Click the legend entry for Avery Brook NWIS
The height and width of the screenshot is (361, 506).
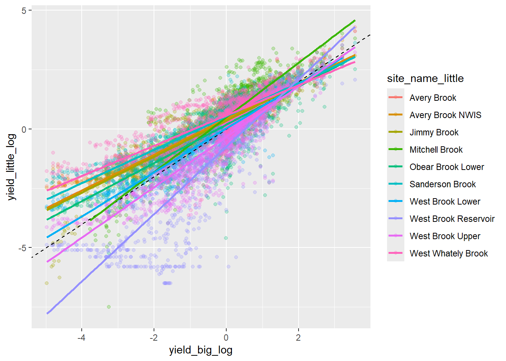pyautogui.click(x=445, y=115)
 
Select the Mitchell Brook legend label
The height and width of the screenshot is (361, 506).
pyautogui.click(x=436, y=150)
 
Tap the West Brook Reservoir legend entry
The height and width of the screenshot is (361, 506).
pyautogui.click(x=452, y=219)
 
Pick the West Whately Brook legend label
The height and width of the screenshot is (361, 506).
pyautogui.click(x=448, y=253)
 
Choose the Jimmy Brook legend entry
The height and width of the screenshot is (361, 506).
pyautogui.click(x=434, y=132)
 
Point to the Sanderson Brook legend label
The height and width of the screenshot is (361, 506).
pyautogui.click(x=442, y=184)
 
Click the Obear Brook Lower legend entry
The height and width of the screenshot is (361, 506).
pyautogui.click(x=447, y=167)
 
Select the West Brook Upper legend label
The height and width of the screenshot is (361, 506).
pyautogui.click(x=445, y=236)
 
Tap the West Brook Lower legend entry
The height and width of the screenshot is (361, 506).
pyautogui.click(x=445, y=202)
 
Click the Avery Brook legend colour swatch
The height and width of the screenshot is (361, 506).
pyautogui.click(x=396, y=98)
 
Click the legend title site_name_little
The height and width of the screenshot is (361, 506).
pyautogui.click(x=425, y=78)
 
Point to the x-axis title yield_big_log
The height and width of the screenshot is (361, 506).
pyautogui.click(x=201, y=350)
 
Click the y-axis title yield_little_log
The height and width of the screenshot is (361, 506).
pyautogui.click(x=12, y=167)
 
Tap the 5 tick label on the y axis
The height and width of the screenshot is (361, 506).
pyautogui.click(x=24, y=11)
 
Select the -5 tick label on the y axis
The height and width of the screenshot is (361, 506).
pyautogui.click(x=22, y=248)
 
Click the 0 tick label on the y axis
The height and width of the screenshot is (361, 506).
pyautogui.click(x=24, y=129)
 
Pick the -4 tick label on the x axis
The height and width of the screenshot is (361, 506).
pyautogui.click(x=81, y=337)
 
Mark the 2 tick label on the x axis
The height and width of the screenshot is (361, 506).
pyautogui.click(x=298, y=337)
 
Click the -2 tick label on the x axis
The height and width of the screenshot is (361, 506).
pyautogui.click(x=154, y=337)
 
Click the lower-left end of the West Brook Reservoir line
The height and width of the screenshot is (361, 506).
pyautogui.click(x=47, y=313)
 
